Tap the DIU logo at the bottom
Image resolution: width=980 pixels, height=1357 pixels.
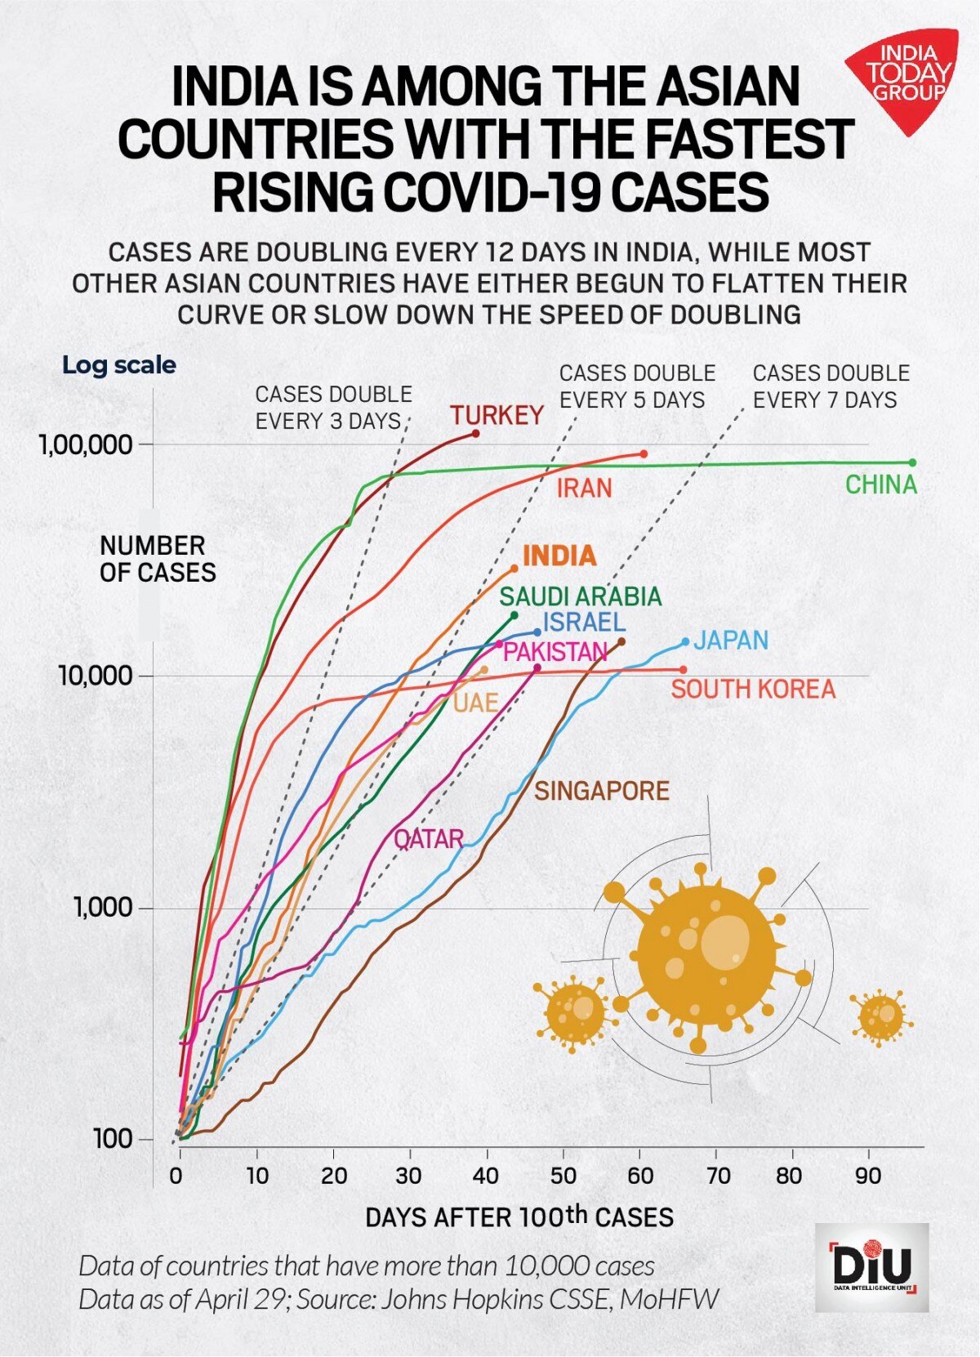[871, 1267]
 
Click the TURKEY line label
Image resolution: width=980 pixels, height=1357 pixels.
[497, 415]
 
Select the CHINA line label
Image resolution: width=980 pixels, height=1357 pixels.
[880, 485]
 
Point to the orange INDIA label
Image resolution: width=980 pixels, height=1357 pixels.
[559, 556]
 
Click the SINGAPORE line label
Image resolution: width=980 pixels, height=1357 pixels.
[602, 791]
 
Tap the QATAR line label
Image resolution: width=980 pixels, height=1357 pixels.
[428, 839]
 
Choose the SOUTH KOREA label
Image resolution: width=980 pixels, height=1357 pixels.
[753, 689]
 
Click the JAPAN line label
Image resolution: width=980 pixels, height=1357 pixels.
[731, 640]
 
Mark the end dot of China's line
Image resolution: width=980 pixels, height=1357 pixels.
[912, 463]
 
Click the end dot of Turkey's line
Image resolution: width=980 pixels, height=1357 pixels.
[476, 433]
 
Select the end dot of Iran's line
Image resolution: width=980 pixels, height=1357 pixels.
[644, 453]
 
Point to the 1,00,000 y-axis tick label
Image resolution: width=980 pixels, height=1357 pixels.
[85, 445]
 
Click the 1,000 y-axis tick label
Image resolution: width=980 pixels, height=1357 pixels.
[102, 907]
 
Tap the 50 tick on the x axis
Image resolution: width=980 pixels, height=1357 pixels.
[563, 1176]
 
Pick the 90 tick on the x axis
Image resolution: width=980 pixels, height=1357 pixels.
[868, 1176]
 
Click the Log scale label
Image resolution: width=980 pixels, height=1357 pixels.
[119, 364]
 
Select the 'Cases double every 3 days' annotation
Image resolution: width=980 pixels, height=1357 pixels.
[333, 408]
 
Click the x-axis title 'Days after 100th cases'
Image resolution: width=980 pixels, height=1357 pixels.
[519, 1216]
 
